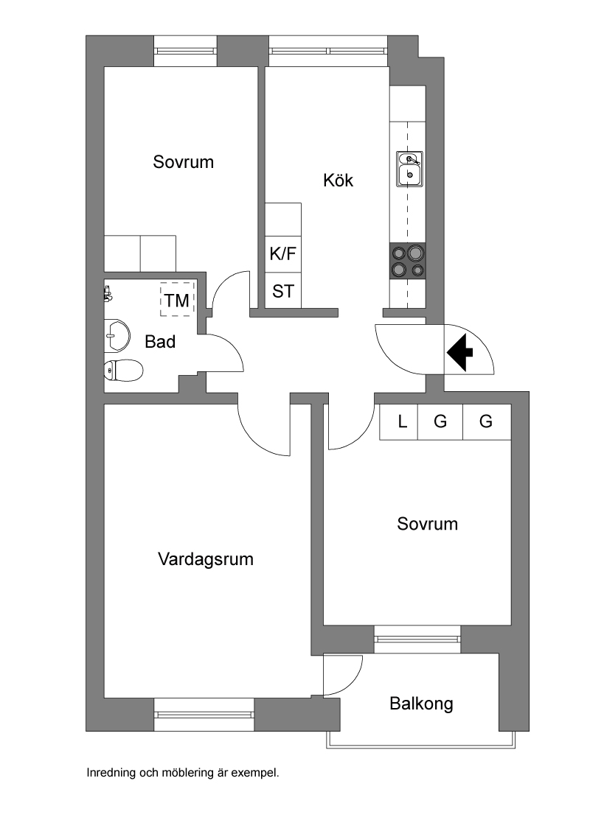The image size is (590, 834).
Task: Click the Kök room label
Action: click(338, 180)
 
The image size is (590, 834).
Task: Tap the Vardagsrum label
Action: click(206, 559)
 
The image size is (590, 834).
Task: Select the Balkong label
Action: click(421, 704)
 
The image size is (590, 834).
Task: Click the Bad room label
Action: click(160, 342)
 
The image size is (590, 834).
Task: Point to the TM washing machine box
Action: click(177, 300)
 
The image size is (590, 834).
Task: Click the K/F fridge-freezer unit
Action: click(283, 254)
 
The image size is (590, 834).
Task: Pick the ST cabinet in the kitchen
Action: click(283, 291)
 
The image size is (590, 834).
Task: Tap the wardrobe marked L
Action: click(402, 422)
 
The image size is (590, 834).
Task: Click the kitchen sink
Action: click(409, 169)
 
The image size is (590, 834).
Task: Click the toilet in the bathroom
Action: click(123, 371)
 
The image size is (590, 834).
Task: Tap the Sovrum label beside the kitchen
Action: click(184, 162)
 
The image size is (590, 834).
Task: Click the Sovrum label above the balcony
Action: click(427, 524)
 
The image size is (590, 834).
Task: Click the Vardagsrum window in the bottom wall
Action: click(204, 714)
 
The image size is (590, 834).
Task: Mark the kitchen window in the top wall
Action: click(328, 51)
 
